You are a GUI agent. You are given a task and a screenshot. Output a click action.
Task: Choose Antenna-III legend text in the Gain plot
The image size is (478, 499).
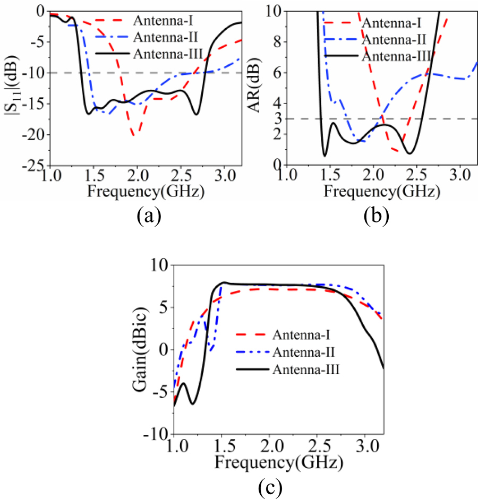306,367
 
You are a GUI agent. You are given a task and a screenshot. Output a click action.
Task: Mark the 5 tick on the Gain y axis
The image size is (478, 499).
163,307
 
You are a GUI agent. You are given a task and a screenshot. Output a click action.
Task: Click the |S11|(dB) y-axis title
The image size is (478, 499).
11,88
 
